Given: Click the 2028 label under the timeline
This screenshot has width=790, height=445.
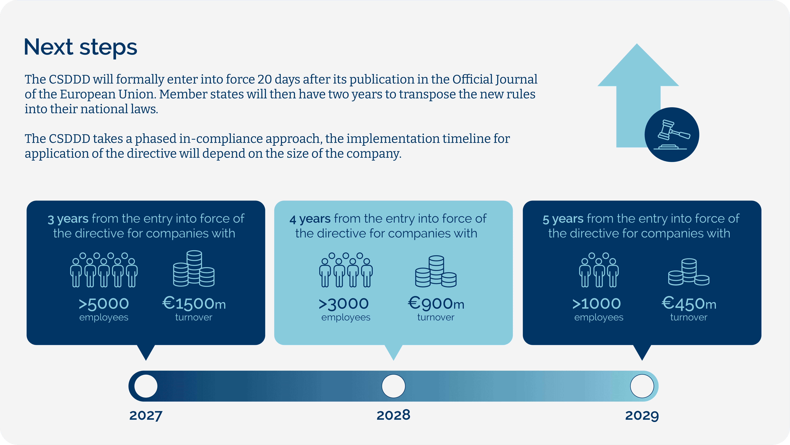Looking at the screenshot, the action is point(393,415).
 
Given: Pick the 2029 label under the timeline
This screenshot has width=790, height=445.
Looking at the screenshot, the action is point(642,416).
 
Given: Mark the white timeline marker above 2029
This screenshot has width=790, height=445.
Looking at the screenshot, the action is point(642,386).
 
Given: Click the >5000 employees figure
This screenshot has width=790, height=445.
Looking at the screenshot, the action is point(104,309).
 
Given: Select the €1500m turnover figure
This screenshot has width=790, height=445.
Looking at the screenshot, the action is point(194,309).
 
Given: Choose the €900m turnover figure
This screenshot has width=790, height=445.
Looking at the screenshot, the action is point(436,309).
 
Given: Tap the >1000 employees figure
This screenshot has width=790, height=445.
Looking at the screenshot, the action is point(597,309).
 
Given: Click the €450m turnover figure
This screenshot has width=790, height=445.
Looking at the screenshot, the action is point(689,309).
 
